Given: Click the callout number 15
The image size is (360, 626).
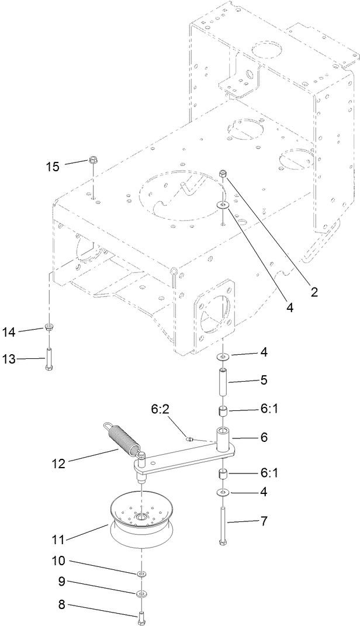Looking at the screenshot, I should [x=53, y=166].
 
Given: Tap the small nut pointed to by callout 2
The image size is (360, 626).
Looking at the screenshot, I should [x=223, y=173].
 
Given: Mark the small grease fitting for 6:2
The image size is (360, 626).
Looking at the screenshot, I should [x=190, y=438].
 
